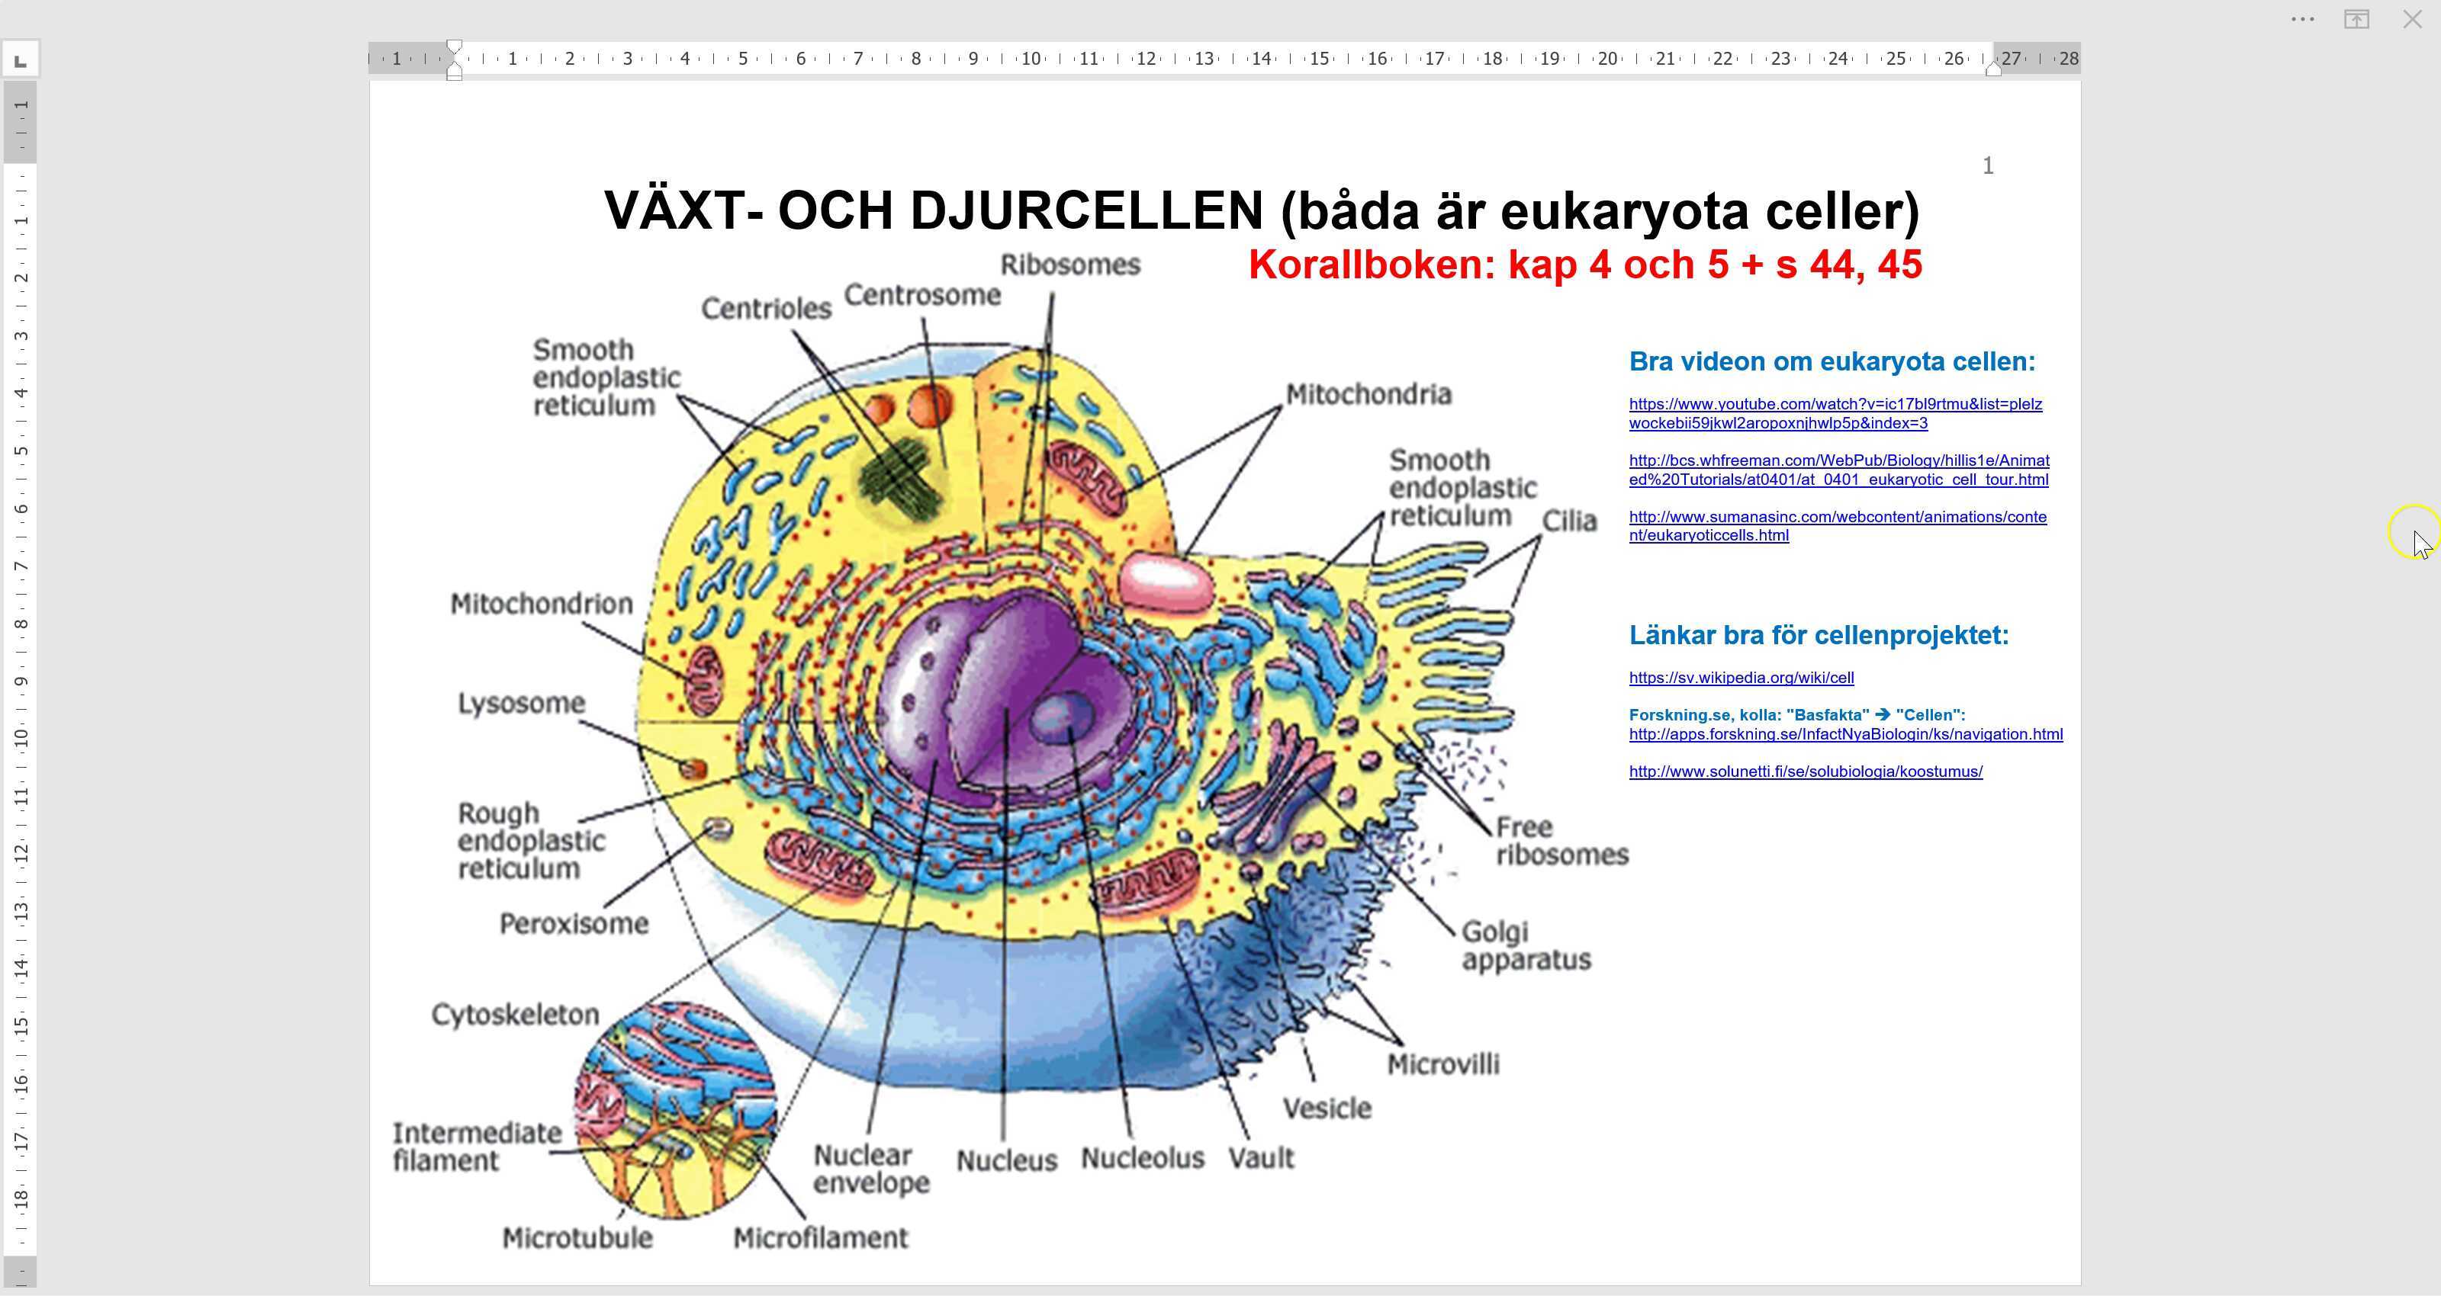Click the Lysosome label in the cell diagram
(521, 703)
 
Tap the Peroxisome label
(574, 924)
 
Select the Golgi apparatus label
(1526, 945)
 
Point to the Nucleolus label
(1142, 1158)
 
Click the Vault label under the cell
(1260, 1158)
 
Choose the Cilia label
(1569, 521)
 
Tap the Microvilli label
(1443, 1065)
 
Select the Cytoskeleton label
(516, 1015)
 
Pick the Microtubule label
(577, 1238)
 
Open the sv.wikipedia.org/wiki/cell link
(1741, 678)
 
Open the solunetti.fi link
(1805, 772)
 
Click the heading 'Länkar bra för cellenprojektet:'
(1819, 636)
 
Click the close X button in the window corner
(2411, 19)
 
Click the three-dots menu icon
(2303, 19)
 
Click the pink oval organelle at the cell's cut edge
(1166, 582)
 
